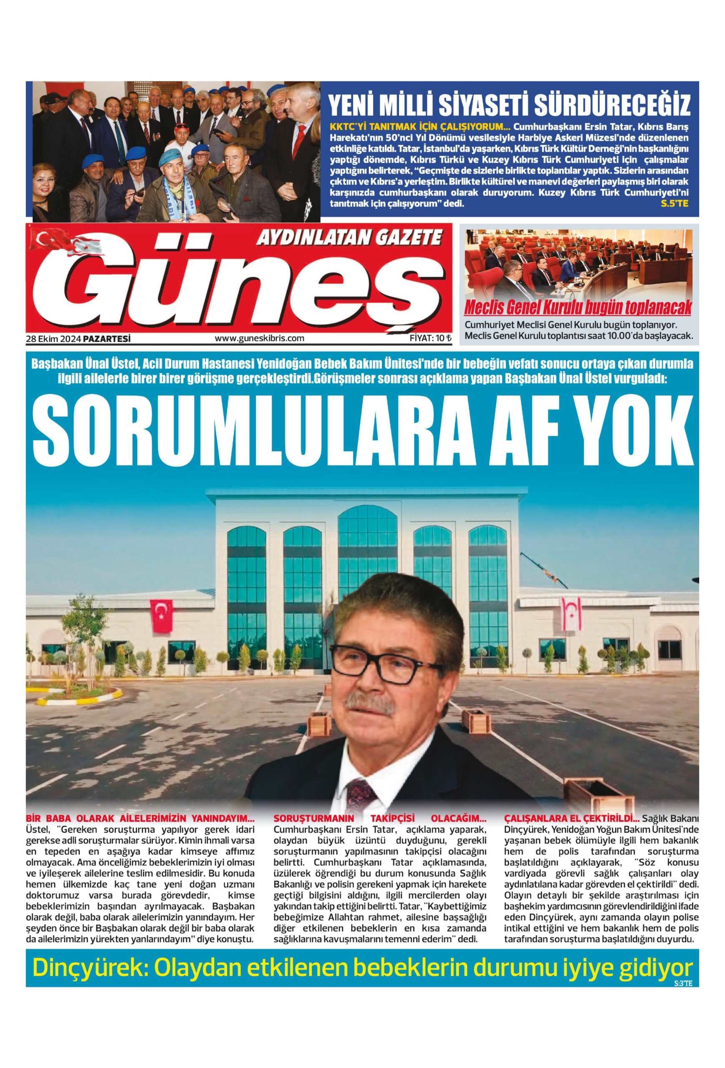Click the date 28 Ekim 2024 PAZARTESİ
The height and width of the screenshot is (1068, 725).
(78, 338)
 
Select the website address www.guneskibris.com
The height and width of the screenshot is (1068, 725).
(259, 338)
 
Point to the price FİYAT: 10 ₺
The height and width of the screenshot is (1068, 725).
(430, 338)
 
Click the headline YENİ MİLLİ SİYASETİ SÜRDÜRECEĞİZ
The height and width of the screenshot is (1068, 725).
(509, 105)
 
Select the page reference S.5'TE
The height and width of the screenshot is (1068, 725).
(674, 204)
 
